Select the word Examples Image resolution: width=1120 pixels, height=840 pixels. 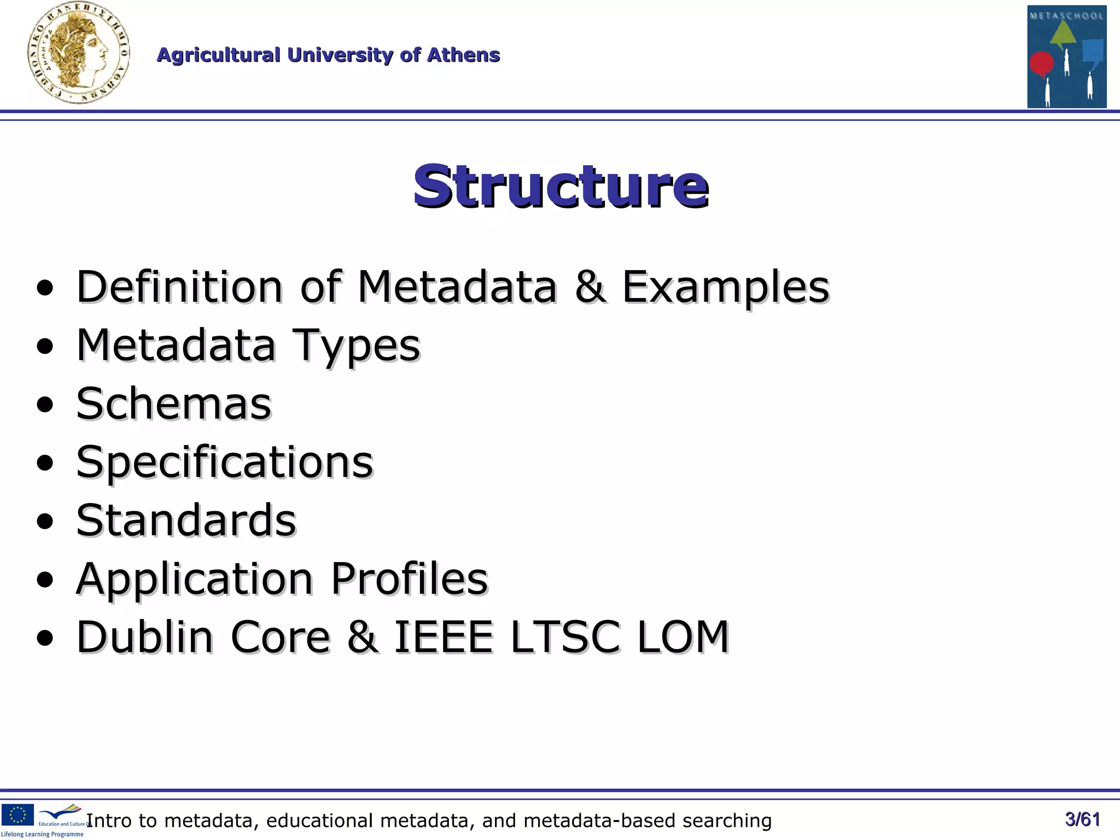(x=726, y=288)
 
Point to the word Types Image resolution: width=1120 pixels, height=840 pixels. (x=356, y=346)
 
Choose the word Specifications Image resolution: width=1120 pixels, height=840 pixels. (x=224, y=463)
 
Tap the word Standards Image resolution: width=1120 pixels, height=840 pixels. (x=186, y=520)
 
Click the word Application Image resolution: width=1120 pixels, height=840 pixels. (x=195, y=579)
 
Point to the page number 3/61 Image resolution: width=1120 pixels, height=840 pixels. (x=1082, y=819)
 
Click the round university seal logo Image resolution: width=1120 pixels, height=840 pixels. (x=79, y=53)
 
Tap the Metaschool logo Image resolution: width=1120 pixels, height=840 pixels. (x=1066, y=56)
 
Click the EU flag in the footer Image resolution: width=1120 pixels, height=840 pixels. (x=17, y=814)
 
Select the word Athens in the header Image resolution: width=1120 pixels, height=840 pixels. (x=463, y=55)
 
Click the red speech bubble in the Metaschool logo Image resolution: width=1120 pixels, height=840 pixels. (x=1041, y=63)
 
